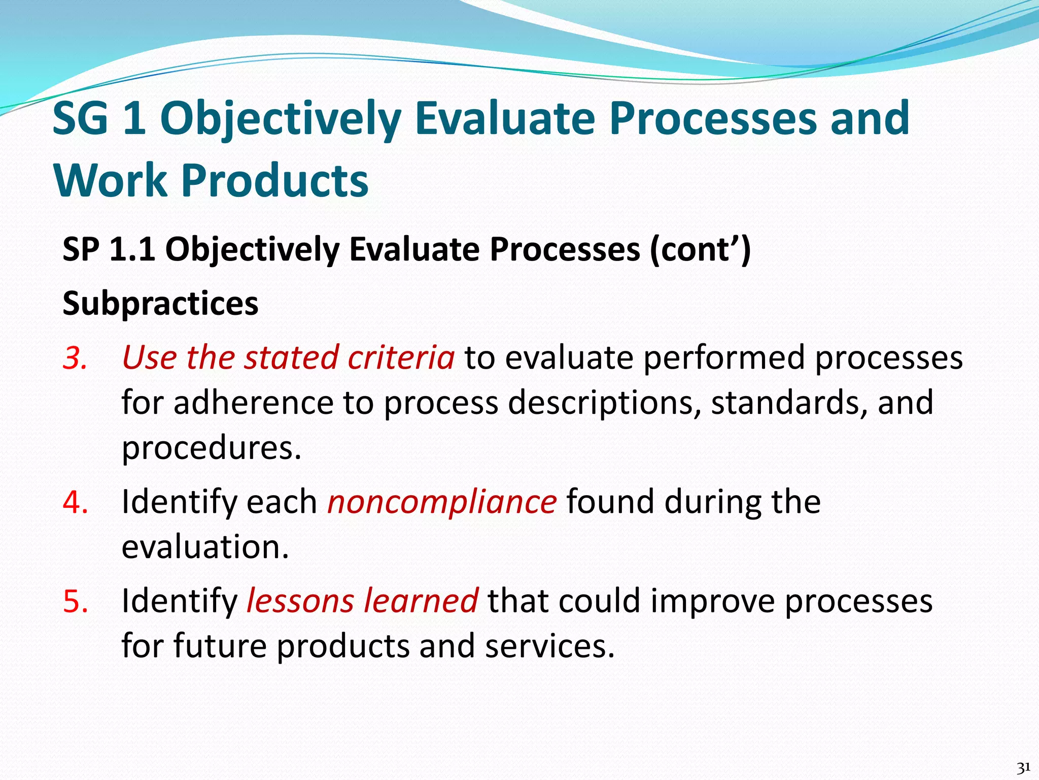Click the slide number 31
(1023, 767)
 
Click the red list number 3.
(75, 357)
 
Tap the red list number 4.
(75, 502)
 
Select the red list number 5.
(75, 601)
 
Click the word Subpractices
(160, 304)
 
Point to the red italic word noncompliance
(442, 502)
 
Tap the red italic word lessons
(300, 601)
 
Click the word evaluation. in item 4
(205, 547)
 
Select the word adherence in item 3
(253, 403)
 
